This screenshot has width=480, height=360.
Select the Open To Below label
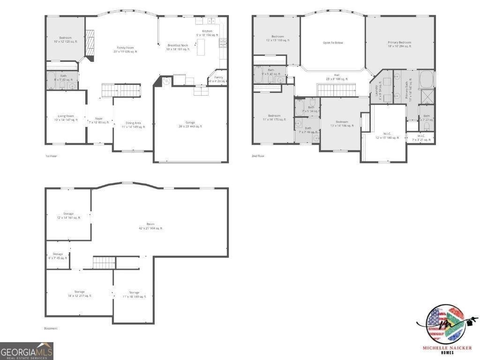[333, 43]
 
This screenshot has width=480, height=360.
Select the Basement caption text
[51, 329]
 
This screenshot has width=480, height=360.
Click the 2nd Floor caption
[258, 156]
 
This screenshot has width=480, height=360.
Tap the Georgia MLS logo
[27, 351]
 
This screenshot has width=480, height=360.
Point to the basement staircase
[104, 263]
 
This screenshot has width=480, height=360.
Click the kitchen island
[201, 47]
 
